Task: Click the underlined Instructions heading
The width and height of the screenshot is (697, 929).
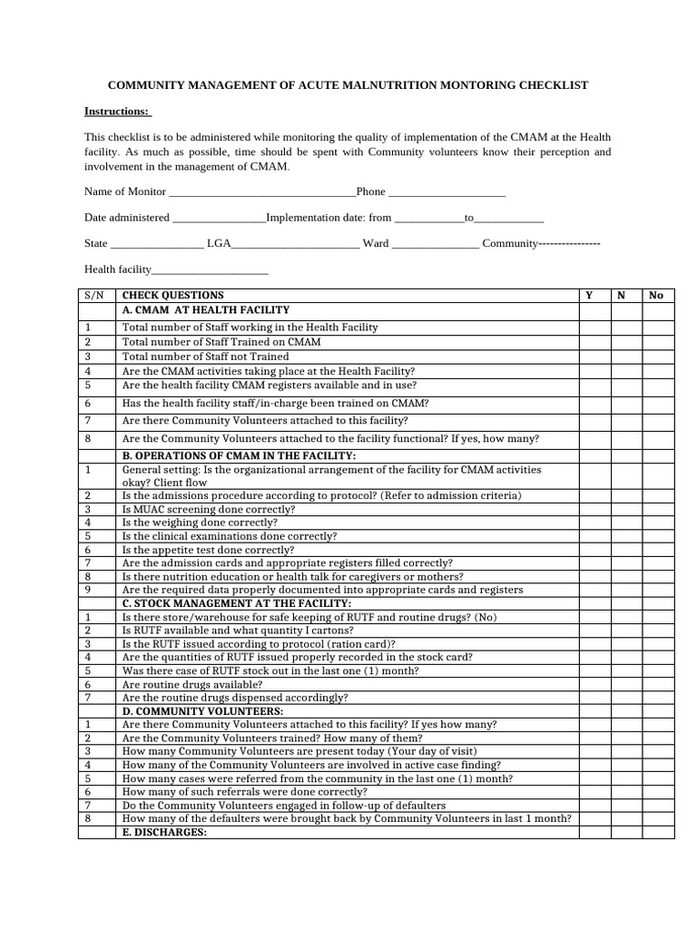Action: [x=117, y=111]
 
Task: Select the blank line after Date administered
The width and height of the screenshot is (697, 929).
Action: [x=218, y=219]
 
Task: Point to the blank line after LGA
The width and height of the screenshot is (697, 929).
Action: [x=296, y=244]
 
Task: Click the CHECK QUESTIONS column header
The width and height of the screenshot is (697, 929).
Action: [x=172, y=296]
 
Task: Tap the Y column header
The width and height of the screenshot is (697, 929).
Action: [x=589, y=296]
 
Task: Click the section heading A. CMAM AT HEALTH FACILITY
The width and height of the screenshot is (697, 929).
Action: [x=205, y=310]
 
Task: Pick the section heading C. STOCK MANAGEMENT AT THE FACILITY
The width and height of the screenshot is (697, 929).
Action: [x=236, y=603]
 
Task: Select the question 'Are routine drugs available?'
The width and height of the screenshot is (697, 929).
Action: [x=192, y=684]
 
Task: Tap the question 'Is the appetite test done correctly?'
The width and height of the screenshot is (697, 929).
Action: [x=208, y=550]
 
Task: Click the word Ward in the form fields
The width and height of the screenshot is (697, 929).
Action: [x=376, y=244]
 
